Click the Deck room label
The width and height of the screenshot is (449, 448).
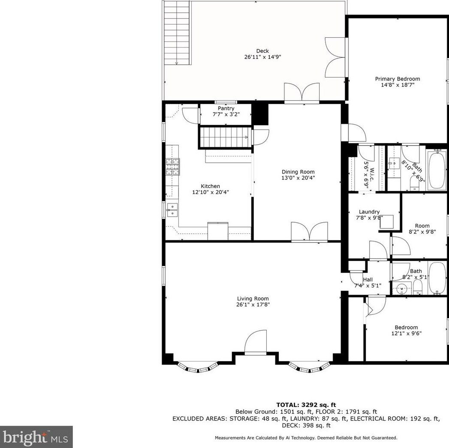pyautogui.click(x=262, y=51)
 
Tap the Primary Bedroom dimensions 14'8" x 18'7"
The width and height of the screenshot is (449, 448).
pyautogui.click(x=397, y=85)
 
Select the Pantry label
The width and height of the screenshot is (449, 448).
pyautogui.click(x=226, y=109)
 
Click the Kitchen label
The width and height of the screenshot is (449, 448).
pyautogui.click(x=210, y=186)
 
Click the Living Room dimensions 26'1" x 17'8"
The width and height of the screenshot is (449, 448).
pyautogui.click(x=253, y=305)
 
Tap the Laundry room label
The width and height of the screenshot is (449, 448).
pyautogui.click(x=369, y=212)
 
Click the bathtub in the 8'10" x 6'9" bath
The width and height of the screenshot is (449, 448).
pyautogui.click(x=437, y=170)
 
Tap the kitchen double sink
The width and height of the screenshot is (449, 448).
pyautogui.click(x=173, y=209)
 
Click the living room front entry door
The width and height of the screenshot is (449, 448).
pyautogui.click(x=256, y=343)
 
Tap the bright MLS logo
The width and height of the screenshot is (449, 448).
pyautogui.click(x=36, y=437)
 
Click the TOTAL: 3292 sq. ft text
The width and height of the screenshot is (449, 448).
pyautogui.click(x=306, y=405)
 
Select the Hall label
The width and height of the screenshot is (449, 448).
pyautogui.click(x=368, y=280)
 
